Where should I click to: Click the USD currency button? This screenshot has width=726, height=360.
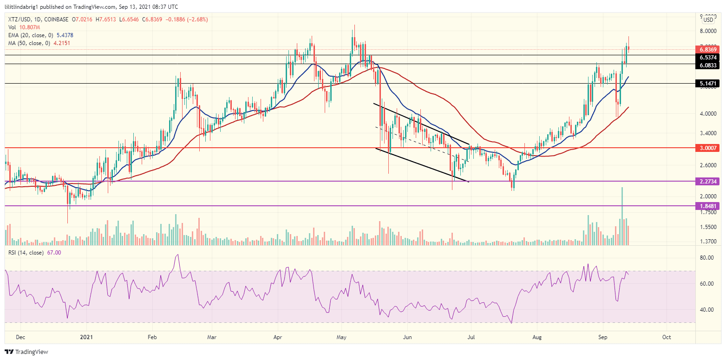(708, 20)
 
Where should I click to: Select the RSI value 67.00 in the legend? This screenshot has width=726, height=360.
(54, 253)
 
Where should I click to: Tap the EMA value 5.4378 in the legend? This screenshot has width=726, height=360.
(64, 35)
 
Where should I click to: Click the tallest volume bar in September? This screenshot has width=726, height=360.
(622, 216)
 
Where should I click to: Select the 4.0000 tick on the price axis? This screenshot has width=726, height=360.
(708, 113)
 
